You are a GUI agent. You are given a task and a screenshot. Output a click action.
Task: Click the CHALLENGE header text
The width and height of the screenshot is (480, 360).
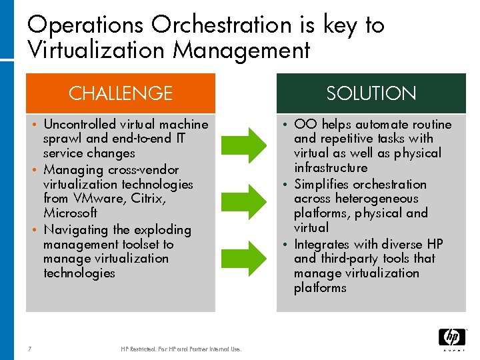click(x=121, y=93)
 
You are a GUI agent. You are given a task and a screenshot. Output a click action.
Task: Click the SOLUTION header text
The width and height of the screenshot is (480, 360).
click(x=371, y=93)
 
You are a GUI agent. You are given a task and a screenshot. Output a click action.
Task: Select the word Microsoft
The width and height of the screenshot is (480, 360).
click(x=70, y=213)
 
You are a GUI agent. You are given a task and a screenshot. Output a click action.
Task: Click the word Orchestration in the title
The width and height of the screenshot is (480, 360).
click(x=221, y=25)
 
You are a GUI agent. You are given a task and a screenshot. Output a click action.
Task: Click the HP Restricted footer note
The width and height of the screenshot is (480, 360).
click(x=181, y=349)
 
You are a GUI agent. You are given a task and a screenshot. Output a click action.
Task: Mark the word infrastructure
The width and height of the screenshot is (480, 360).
click(x=331, y=168)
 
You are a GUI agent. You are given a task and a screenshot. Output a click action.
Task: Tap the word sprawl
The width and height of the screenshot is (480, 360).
click(x=63, y=139)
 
